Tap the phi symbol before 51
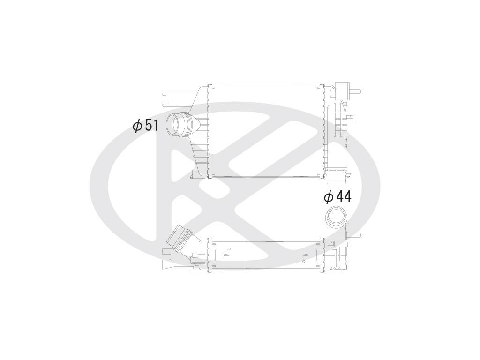point(137,126)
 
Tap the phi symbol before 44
point(329,197)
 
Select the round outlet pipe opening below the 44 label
point(336,216)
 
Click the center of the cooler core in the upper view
point(266,131)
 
